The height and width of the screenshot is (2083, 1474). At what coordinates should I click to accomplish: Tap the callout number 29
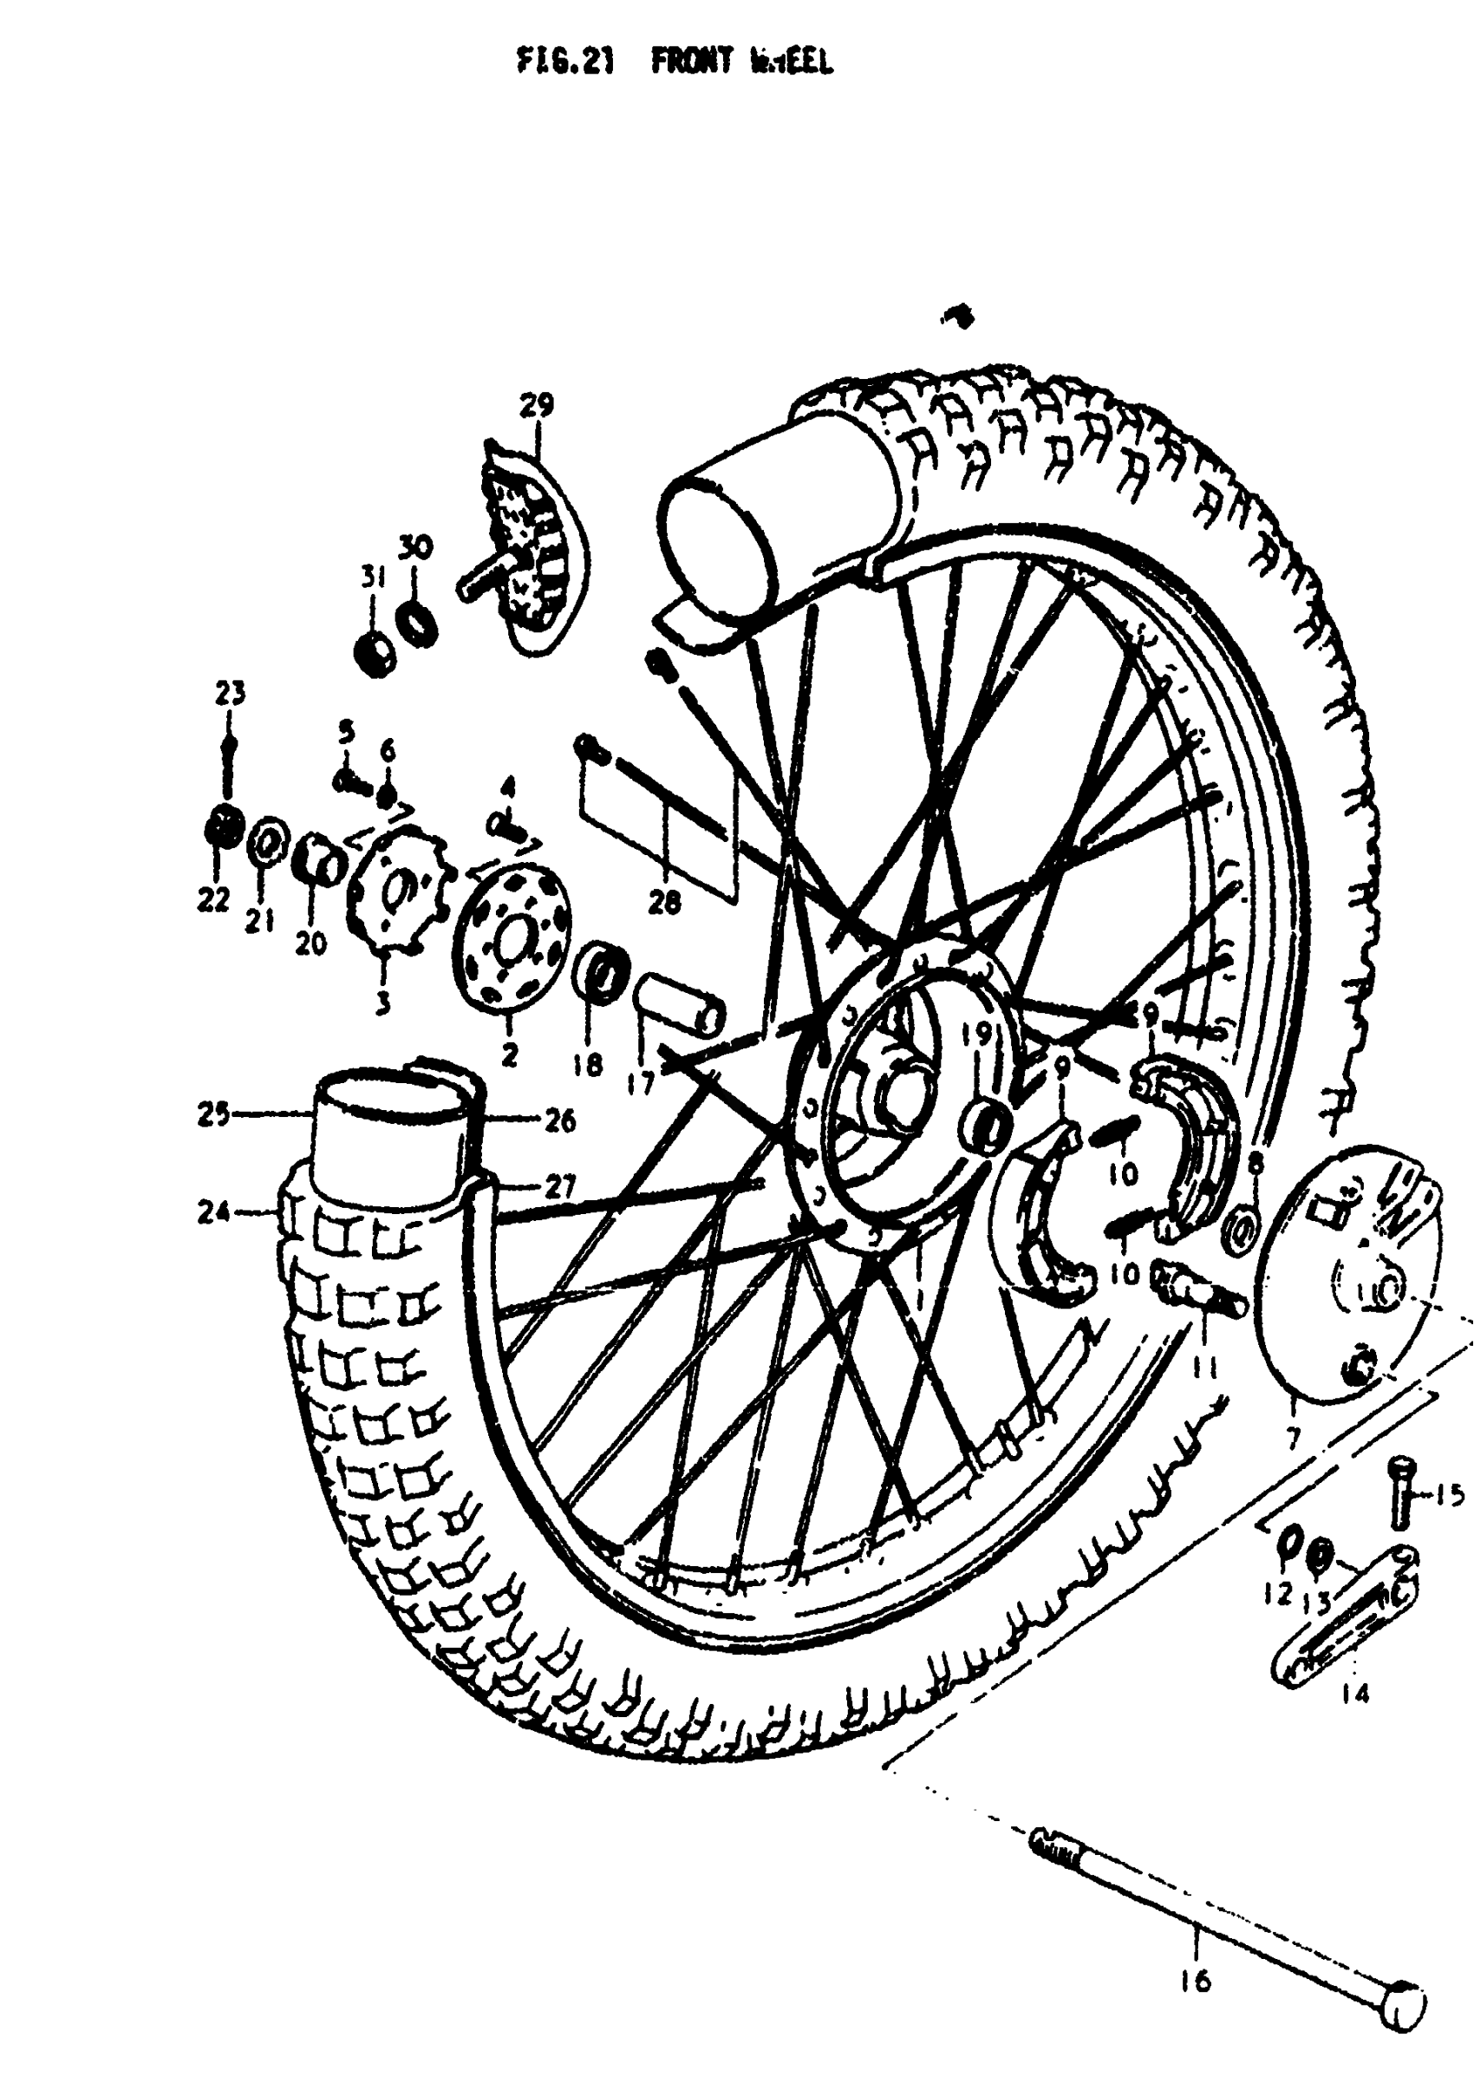(x=537, y=405)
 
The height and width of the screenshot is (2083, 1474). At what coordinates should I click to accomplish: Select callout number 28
(x=664, y=903)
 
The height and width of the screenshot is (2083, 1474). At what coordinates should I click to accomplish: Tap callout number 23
(x=230, y=695)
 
